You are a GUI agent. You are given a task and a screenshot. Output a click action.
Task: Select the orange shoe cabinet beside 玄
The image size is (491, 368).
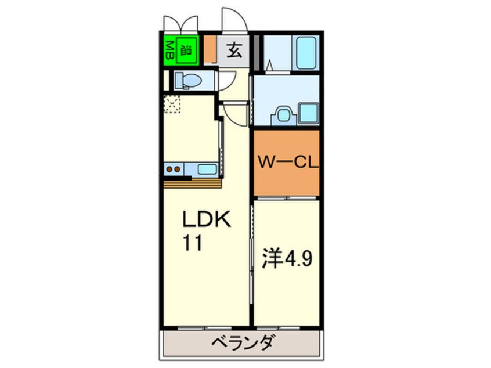click(210, 50)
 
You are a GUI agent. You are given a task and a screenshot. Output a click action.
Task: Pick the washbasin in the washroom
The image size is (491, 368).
click(284, 114)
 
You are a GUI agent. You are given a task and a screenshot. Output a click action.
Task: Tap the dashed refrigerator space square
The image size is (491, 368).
click(172, 104)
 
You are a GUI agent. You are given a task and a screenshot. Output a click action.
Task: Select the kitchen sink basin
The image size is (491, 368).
click(207, 169)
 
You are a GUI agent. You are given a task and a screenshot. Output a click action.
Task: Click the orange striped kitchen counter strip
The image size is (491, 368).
click(193, 183)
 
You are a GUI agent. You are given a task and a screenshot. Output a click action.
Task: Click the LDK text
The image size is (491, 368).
click(207, 221)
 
